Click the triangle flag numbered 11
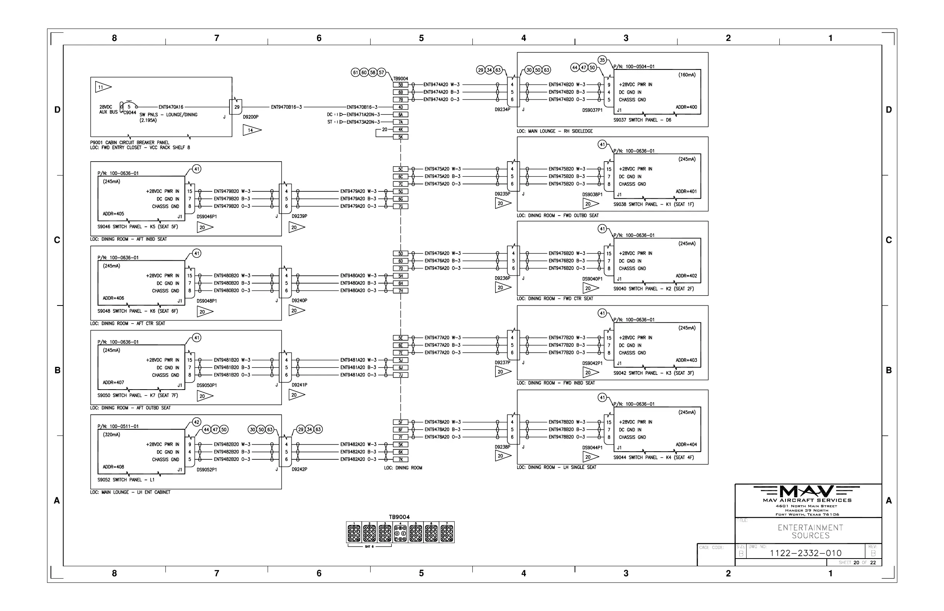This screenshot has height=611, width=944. pyautogui.click(x=102, y=87)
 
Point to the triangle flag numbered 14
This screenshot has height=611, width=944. pyautogui.click(x=251, y=130)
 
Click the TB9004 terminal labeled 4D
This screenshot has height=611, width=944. pyautogui.click(x=401, y=107)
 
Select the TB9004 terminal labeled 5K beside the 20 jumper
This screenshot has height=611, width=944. pyautogui.click(x=401, y=137)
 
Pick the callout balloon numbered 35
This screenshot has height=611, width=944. pyautogui.click(x=602, y=60)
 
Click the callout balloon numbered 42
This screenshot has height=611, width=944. pyautogui.click(x=197, y=422)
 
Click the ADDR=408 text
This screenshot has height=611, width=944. pyautogui.click(x=113, y=467)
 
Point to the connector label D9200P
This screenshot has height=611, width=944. pyautogui.click(x=251, y=117)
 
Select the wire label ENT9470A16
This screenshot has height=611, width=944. pyautogui.click(x=171, y=107)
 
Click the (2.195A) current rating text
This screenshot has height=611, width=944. pyautogui.click(x=148, y=120)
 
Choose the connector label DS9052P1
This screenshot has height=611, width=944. pyautogui.click(x=207, y=470)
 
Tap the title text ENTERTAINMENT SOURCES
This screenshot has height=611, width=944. pyautogui.click(x=810, y=532)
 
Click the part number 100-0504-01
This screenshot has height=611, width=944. pyautogui.click(x=639, y=67)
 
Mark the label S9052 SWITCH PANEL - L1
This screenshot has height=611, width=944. pyautogui.click(x=126, y=480)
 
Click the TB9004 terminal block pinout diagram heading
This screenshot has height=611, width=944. pyautogui.click(x=399, y=517)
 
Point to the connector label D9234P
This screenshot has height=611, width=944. pyautogui.click(x=502, y=110)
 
